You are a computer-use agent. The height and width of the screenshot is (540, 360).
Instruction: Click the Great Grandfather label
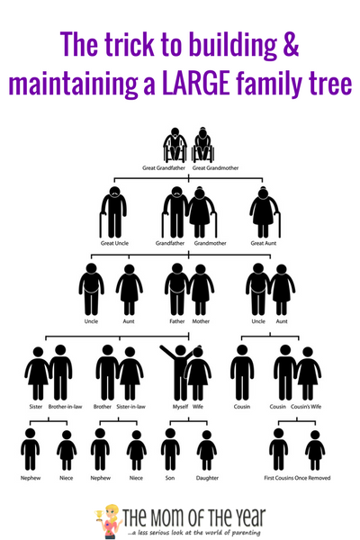[164, 168]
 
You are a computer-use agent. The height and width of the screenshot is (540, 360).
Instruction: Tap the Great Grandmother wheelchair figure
[203, 145]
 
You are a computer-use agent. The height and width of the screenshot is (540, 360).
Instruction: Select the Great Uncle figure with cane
[113, 212]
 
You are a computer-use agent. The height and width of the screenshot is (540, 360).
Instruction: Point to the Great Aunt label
[264, 243]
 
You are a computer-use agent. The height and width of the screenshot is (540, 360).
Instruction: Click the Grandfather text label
[170, 243]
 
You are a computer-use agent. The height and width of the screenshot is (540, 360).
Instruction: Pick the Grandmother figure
[202, 212]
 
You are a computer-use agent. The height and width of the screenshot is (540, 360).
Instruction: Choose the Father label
[177, 321]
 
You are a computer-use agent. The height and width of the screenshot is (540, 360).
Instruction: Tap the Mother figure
[201, 290]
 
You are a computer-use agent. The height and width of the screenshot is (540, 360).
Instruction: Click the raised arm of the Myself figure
[168, 353]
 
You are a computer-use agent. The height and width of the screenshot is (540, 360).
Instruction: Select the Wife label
[198, 407]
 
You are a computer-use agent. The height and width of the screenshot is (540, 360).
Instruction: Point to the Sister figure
[38, 373]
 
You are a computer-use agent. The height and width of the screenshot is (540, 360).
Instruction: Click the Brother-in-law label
[65, 407]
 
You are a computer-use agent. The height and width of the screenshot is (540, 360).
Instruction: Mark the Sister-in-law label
[130, 407]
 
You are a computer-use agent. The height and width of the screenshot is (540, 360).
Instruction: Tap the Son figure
[170, 449]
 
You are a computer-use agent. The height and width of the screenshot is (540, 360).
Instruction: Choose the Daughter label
[207, 478]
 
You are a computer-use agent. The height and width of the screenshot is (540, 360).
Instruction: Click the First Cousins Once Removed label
[297, 478]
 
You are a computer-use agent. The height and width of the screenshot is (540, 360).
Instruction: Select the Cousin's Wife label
[306, 407]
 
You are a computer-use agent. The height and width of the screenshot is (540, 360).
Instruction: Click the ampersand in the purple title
[292, 44]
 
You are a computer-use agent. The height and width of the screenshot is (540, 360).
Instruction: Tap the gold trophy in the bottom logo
[99, 515]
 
